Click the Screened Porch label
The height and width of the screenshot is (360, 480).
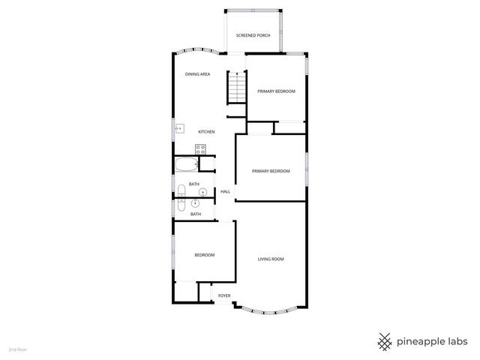tap(253, 35)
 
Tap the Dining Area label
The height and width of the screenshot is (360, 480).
tap(197, 74)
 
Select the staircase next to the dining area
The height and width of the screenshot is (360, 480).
tap(236, 88)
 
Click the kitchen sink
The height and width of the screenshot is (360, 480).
tap(178, 129)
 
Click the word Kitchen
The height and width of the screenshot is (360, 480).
tap(206, 132)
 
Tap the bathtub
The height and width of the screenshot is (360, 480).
tap(186, 165)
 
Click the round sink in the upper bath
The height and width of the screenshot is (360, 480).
tap(202, 192)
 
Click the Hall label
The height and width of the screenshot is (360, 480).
tap(225, 192)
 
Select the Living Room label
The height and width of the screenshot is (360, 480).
tap(271, 259)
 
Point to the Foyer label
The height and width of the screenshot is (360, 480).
tap(223, 296)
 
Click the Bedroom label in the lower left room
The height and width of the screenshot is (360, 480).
tap(205, 255)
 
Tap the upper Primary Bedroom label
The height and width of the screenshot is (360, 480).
tap(276, 91)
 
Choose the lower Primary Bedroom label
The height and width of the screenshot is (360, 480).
tap(271, 171)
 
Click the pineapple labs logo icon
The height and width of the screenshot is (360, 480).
tap(385, 341)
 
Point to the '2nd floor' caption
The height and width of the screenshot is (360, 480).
tap(16, 349)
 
